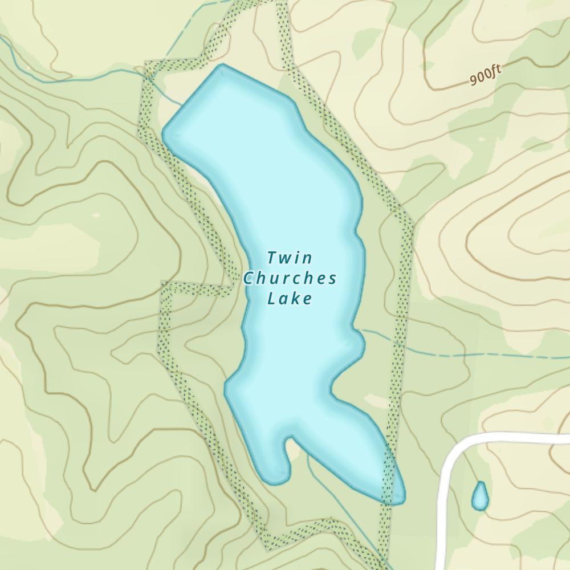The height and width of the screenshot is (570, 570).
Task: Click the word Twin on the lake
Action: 290,258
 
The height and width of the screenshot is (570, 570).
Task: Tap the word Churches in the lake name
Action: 290,279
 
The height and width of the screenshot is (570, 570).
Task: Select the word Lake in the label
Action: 290,299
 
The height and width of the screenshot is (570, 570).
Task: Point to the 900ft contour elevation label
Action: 486,75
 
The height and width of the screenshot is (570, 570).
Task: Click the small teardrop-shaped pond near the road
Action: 480,496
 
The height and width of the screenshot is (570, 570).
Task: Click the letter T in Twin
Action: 272,258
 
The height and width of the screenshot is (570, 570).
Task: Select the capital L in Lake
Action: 271,299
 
